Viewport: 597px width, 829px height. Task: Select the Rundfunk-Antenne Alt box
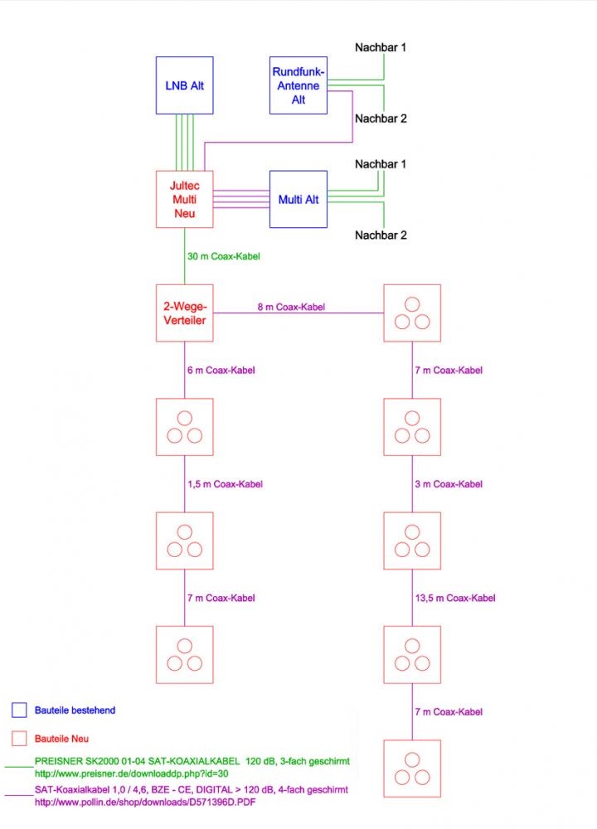[298, 85]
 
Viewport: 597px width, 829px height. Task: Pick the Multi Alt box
[298, 199]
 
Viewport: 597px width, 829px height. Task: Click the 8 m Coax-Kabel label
[290, 307]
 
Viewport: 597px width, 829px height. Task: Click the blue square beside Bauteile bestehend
[19, 710]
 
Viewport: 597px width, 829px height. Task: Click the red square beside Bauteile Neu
[19, 738]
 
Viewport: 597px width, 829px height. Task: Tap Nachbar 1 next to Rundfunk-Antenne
[381, 47]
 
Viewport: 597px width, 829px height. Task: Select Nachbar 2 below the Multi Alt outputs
[381, 235]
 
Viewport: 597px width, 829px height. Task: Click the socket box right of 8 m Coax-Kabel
[412, 313]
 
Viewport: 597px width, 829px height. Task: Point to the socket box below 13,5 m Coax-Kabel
[412, 654]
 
